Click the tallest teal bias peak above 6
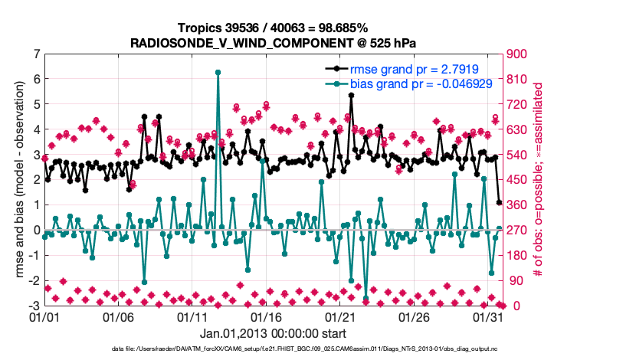(x=218, y=72)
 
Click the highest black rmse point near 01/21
(x=351, y=96)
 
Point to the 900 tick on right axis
(x=515, y=54)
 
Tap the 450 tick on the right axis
(x=515, y=180)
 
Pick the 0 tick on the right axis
(x=509, y=306)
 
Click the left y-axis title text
(x=15, y=180)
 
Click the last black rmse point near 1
(x=499, y=203)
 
